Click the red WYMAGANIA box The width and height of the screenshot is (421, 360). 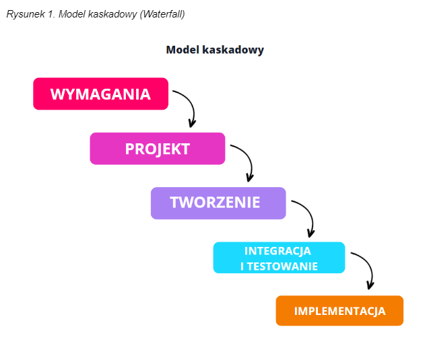point(100,94)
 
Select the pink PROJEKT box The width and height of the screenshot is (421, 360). point(158,148)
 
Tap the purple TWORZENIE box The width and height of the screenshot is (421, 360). point(218,203)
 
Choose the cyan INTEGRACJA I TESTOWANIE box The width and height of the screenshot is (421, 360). point(279,258)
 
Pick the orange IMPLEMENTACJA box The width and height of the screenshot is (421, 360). point(339,311)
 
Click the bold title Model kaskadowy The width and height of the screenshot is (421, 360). point(215,50)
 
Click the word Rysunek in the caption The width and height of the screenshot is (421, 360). point(26,14)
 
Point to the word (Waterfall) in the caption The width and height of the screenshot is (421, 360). point(162,14)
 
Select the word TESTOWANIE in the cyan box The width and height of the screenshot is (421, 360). point(282,266)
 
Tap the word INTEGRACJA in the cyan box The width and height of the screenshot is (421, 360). point(278,251)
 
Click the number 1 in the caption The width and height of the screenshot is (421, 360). point(52,14)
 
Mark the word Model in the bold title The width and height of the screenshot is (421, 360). point(183,50)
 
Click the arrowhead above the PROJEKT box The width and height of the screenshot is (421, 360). point(192,124)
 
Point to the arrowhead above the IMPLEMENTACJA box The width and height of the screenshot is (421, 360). point(370,285)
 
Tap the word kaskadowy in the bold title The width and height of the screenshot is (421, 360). point(233,50)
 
